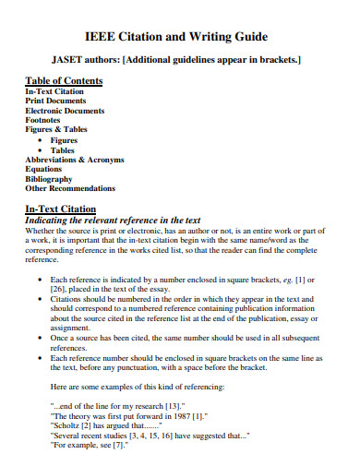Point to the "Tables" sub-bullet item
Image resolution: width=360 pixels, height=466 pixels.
pyautogui.click(x=63, y=149)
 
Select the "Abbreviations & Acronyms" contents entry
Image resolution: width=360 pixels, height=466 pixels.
pyautogui.click(x=74, y=160)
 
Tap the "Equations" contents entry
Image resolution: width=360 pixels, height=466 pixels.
pyautogui.click(x=45, y=169)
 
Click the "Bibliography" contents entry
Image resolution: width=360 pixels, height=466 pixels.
pyautogui.click(x=49, y=179)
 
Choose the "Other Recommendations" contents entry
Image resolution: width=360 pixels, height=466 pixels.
pyautogui.click(x=70, y=188)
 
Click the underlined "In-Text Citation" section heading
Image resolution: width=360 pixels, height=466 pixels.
pyautogui.click(x=62, y=209)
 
